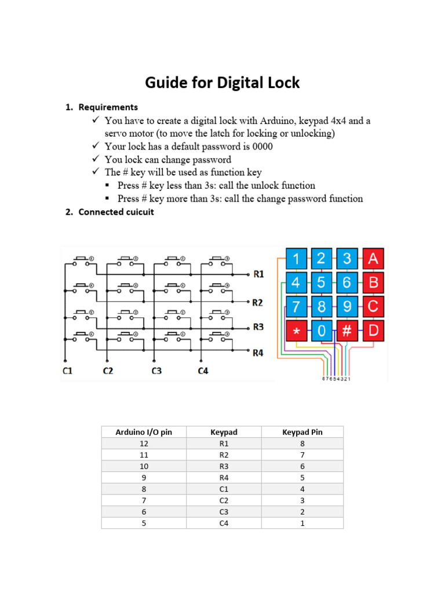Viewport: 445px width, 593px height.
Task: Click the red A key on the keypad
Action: pos(373,258)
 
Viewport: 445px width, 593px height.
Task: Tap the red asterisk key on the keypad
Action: pos(297,331)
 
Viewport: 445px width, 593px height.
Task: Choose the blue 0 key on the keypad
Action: pos(322,331)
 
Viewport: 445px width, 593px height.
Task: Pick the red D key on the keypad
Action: pos(373,331)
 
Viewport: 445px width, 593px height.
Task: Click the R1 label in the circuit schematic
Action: pos(258,274)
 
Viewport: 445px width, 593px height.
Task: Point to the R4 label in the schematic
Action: pos(258,352)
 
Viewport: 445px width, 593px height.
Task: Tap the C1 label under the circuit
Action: pos(68,371)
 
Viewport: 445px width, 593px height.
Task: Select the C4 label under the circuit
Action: pos(203,371)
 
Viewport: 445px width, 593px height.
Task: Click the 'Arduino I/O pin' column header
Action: pos(144,432)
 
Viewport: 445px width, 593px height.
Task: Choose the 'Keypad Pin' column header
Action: pos(302,432)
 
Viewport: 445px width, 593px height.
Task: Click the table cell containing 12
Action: pos(144,444)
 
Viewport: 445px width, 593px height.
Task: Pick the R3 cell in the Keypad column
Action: pos(224,466)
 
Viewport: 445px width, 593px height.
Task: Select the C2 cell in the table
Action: pos(224,500)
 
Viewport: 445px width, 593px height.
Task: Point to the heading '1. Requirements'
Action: pos(101,107)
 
